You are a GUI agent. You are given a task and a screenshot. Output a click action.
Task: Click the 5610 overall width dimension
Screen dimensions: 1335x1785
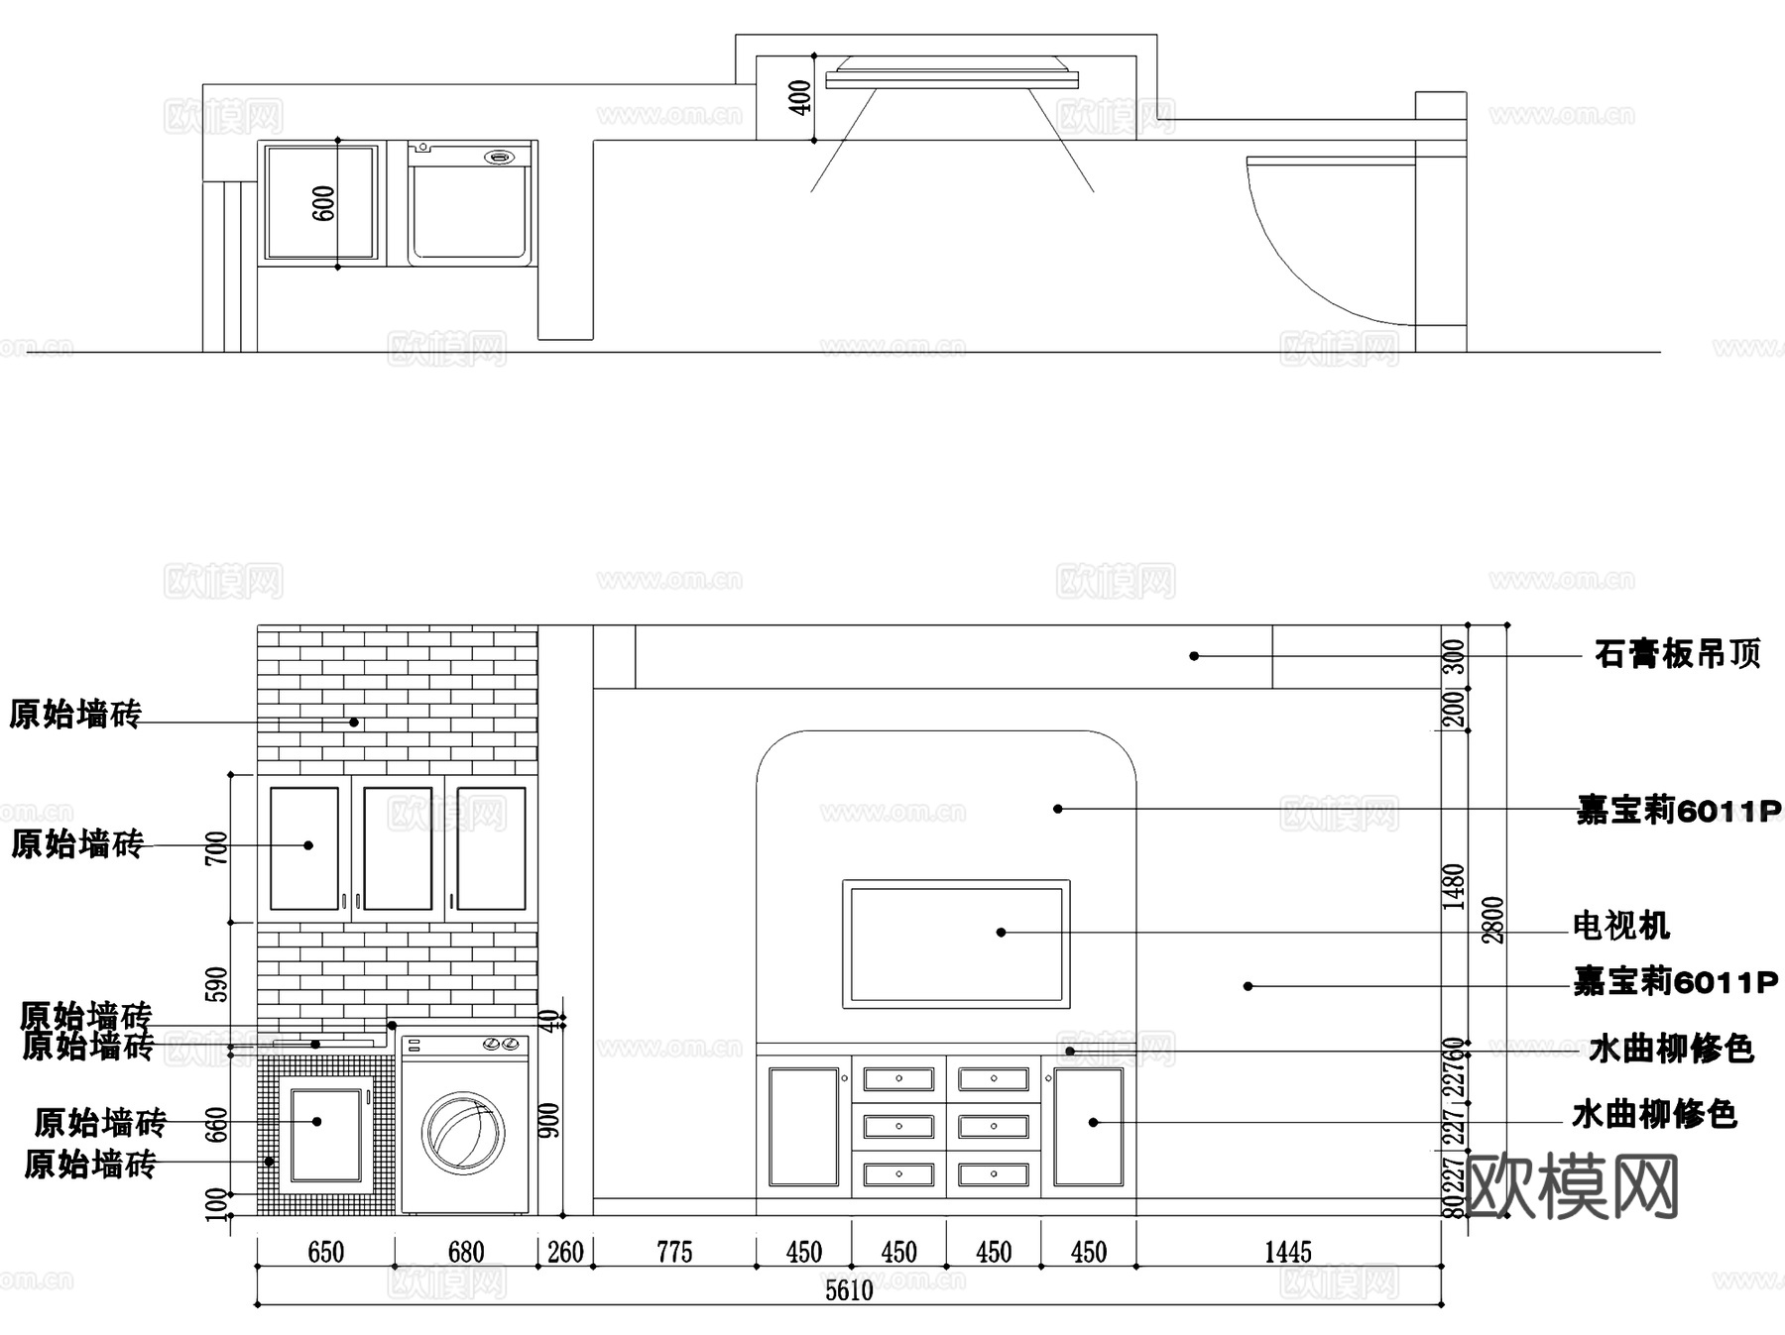pos(849,1290)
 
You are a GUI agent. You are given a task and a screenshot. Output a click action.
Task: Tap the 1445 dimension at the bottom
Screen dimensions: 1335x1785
pos(1287,1253)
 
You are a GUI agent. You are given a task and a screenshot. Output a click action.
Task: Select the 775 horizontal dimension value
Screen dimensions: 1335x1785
pos(674,1253)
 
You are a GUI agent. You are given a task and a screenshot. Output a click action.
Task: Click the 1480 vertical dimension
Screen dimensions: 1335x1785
pos(1454,886)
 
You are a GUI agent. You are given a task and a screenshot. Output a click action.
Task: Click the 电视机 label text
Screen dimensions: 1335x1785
pos(1621,927)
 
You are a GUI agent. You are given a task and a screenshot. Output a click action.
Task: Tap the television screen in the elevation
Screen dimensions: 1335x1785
pos(956,944)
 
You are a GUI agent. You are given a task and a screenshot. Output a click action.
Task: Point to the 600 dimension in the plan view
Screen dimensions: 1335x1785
pos(324,203)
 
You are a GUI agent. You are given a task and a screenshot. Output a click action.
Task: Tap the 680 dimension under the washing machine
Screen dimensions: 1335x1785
pos(465,1253)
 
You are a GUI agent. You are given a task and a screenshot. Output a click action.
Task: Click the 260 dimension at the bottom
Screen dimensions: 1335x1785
pos(565,1253)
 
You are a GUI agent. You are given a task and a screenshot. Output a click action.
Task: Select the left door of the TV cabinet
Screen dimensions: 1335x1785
pos(803,1126)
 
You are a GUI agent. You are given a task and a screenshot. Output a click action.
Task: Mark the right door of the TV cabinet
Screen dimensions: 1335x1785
pos(1088,1126)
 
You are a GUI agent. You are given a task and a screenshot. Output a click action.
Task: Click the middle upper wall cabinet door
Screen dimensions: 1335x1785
pos(398,848)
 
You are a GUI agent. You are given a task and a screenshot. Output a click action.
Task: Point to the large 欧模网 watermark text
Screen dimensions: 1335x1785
pos(1571,1186)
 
